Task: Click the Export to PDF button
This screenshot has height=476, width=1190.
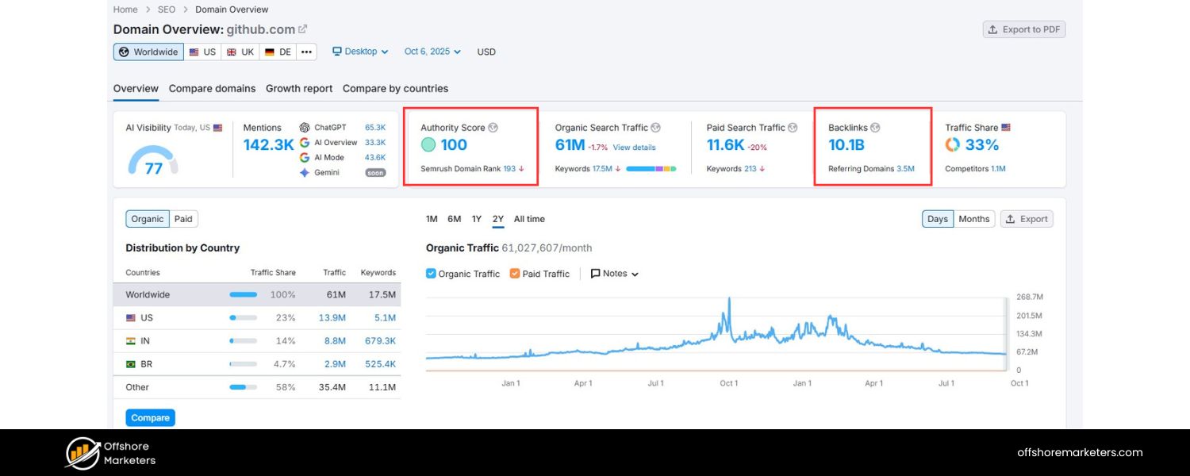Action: [1023, 29]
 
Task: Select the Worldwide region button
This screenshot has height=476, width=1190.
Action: [148, 52]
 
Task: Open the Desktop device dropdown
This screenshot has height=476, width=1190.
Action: [360, 52]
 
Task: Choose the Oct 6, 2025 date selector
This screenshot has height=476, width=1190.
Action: [432, 52]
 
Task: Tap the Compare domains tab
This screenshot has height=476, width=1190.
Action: [212, 88]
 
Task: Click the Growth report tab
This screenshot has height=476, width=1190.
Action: [299, 88]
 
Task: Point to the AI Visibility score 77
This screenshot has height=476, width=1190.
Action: [153, 168]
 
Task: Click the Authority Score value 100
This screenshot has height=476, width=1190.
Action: [454, 144]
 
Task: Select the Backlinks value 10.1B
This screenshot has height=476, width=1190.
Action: [846, 144]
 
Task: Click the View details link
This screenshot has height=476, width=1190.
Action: [634, 148]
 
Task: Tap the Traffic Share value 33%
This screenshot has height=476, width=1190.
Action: [981, 144]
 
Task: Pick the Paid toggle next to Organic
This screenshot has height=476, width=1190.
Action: [183, 219]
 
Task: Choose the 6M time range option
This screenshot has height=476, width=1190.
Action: [454, 219]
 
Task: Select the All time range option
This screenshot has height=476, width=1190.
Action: [529, 219]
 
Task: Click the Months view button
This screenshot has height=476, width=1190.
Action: [973, 219]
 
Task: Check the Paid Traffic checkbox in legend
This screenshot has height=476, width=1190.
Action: [515, 274]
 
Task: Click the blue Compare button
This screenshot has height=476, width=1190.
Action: [150, 417]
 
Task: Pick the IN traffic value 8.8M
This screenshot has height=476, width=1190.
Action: [334, 340]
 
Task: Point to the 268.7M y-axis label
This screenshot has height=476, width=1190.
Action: [1029, 297]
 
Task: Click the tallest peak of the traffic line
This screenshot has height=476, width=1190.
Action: [728, 300]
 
